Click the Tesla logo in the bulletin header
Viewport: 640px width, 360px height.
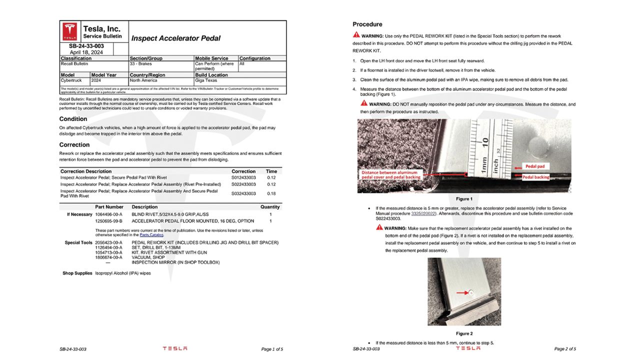pyautogui.click(x=69, y=31)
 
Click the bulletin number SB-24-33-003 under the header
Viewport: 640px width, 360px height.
pyautogui.click(x=86, y=46)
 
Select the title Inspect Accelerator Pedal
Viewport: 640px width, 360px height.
pyautogui.click(x=175, y=38)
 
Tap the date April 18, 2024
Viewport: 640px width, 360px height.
pyautogui.click(x=86, y=52)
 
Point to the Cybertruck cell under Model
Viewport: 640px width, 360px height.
pyautogui.click(x=71, y=80)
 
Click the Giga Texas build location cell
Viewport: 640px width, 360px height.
pyautogui.click(x=207, y=80)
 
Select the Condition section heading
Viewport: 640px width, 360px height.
pyautogui.click(x=73, y=119)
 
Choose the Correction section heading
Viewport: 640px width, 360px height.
pyautogui.click(x=74, y=145)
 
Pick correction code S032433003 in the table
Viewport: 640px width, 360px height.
pyautogui.click(x=243, y=193)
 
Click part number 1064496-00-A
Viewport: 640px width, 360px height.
pyautogui.click(x=108, y=214)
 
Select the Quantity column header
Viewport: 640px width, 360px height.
pyautogui.click(x=270, y=207)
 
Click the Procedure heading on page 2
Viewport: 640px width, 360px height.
pyautogui.click(x=367, y=24)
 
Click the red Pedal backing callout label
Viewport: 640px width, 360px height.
pyautogui.click(x=535, y=177)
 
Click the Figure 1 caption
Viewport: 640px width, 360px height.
pyautogui.click(x=464, y=199)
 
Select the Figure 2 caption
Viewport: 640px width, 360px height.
pyautogui.click(x=464, y=333)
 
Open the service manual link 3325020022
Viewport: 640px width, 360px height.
pyautogui.click(x=423, y=213)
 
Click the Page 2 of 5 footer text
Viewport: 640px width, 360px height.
pyautogui.click(x=565, y=349)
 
